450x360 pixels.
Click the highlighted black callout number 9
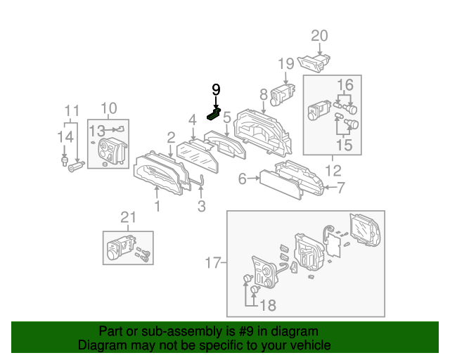216,89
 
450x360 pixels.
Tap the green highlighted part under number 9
214,112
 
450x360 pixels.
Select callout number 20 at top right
320,36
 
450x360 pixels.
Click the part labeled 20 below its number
314,63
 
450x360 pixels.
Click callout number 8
263,94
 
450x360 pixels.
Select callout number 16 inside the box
345,84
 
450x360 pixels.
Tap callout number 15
344,145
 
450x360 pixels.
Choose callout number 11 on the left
72,110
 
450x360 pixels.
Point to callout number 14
65,136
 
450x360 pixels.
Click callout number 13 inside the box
96,129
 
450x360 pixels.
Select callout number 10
108,108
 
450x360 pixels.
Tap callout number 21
127,219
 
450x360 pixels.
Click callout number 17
212,264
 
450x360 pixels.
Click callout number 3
201,206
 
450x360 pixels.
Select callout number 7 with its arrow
340,188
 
